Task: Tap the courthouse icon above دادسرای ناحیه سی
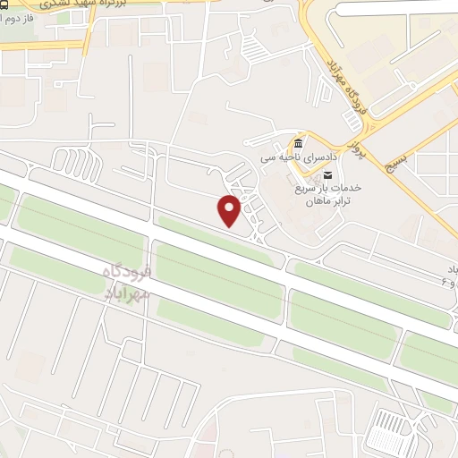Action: [298, 144]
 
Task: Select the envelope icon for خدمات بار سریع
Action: [328, 175]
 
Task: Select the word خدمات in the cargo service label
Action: [343, 189]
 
